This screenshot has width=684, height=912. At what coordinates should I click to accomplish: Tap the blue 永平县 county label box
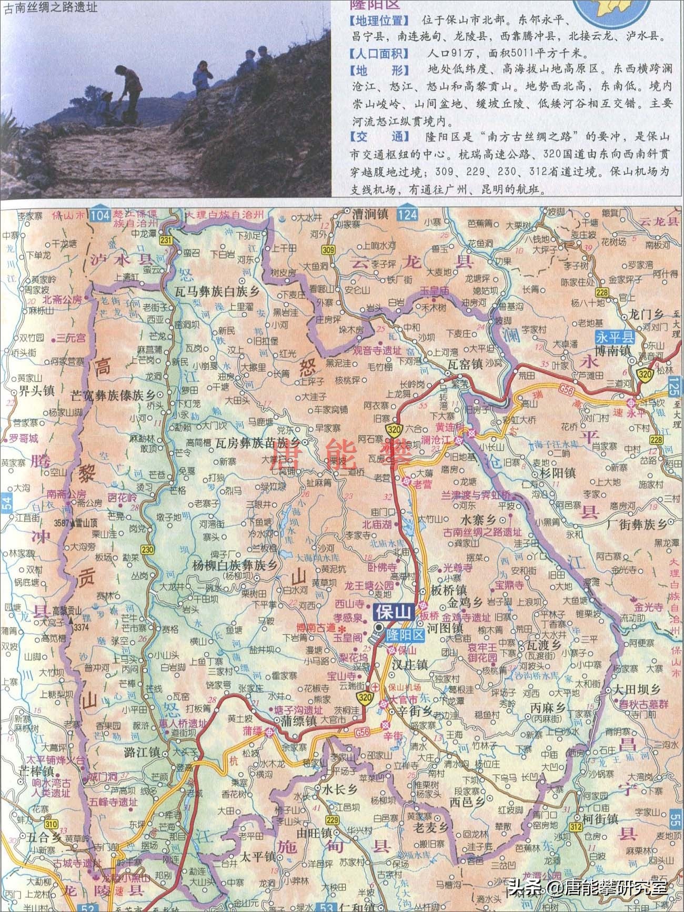[x=615, y=337]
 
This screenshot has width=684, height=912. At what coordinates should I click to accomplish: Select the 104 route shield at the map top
[x=100, y=215]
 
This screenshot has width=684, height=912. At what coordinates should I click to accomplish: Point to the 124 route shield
[x=407, y=215]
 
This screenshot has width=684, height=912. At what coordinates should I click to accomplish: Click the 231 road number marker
[x=166, y=240]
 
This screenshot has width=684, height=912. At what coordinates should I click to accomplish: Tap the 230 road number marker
[x=147, y=550]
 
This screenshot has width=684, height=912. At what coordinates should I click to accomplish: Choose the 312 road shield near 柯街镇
[x=575, y=827]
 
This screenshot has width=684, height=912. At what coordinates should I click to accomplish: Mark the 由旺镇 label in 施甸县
[x=314, y=833]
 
